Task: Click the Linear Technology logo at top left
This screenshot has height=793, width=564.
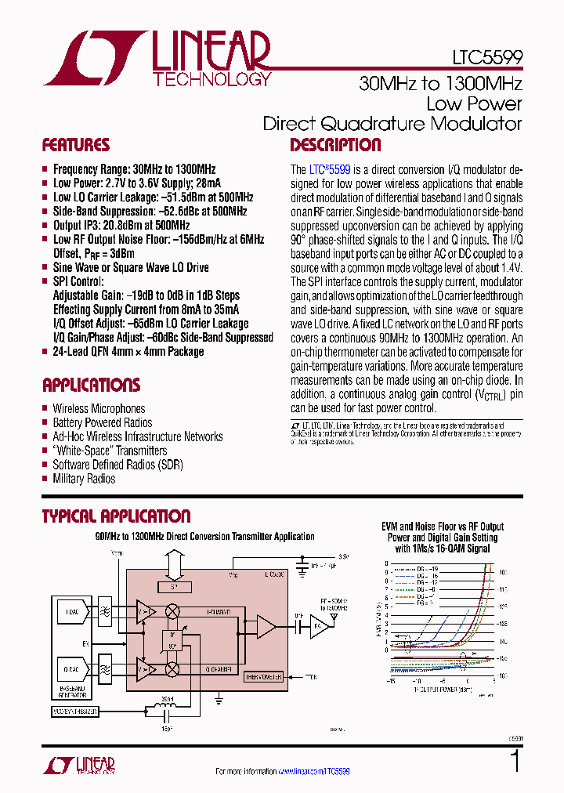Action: (x=157, y=58)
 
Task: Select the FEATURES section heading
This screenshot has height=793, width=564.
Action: (x=75, y=145)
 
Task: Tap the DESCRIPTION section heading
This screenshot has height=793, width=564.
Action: (x=335, y=145)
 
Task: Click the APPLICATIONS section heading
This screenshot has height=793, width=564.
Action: (x=91, y=385)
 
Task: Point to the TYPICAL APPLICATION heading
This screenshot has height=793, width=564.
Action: (x=116, y=516)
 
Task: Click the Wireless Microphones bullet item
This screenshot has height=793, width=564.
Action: (x=99, y=408)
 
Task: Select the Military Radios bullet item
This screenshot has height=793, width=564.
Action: (x=84, y=479)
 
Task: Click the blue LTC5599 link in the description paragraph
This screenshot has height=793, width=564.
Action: (x=328, y=169)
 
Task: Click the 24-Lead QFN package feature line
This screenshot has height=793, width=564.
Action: (x=128, y=352)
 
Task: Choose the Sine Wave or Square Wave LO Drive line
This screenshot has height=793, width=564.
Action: (x=131, y=267)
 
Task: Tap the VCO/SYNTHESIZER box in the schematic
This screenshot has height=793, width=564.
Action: (x=76, y=712)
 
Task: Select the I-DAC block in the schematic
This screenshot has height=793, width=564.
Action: (x=72, y=612)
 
